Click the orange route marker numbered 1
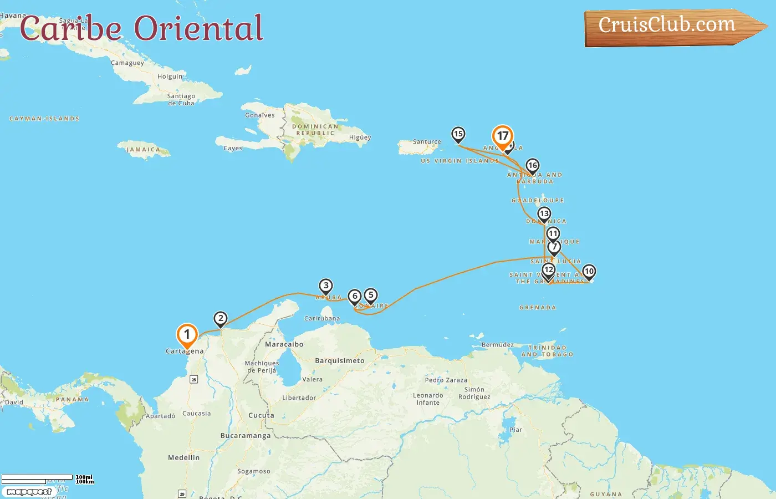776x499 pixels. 187,335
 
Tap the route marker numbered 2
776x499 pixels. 221,318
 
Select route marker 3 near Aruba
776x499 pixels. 326,286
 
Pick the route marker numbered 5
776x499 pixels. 371,295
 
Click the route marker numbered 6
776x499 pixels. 355,296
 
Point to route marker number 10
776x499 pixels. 589,272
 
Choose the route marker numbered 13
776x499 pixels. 544,214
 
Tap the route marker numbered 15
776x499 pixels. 458,134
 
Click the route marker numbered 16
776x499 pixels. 533,166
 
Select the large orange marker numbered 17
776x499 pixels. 503,136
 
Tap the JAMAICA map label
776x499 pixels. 143,150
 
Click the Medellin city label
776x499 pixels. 183,457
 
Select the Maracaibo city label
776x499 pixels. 284,344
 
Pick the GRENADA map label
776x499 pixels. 538,307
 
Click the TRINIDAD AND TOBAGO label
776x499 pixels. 547,351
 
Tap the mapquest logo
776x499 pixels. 29,492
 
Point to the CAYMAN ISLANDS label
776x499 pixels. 44,119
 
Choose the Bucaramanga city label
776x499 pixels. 246,436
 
